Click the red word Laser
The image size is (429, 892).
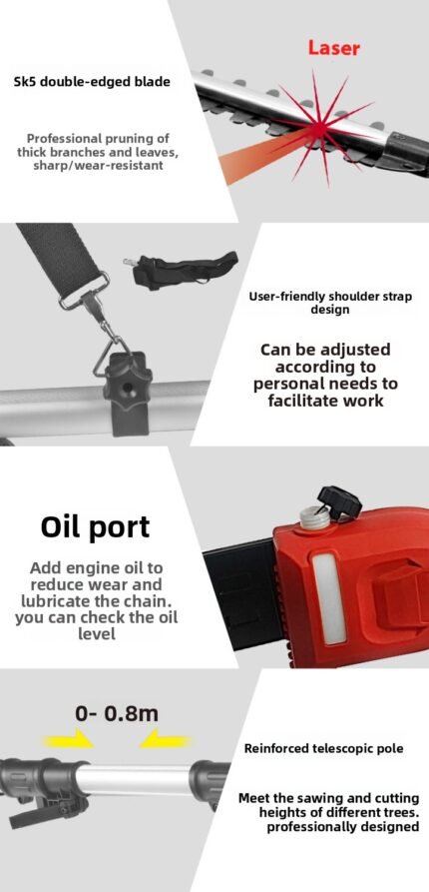pyautogui.click(x=333, y=48)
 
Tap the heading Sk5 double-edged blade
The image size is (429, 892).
pyautogui.click(x=92, y=81)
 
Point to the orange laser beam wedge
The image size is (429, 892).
pyautogui.click(x=260, y=155)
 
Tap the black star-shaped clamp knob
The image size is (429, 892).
pyautogui.click(x=127, y=387)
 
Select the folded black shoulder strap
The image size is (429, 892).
pyautogui.click(x=181, y=269)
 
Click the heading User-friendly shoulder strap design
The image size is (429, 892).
pyautogui.click(x=329, y=304)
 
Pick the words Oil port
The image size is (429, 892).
pyautogui.click(x=95, y=527)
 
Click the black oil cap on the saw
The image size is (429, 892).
pyautogui.click(x=339, y=500)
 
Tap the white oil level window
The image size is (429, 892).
pyautogui.click(x=329, y=598)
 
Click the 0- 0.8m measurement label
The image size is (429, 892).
pyautogui.click(x=117, y=714)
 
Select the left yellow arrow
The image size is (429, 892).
pyautogui.click(x=68, y=741)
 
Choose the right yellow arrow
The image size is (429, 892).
pyautogui.click(x=165, y=740)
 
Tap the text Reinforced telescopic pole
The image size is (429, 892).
pyautogui.click(x=324, y=748)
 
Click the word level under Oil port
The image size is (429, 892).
pyautogui.click(x=97, y=633)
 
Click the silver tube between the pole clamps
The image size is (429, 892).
pyautogui.click(x=138, y=780)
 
